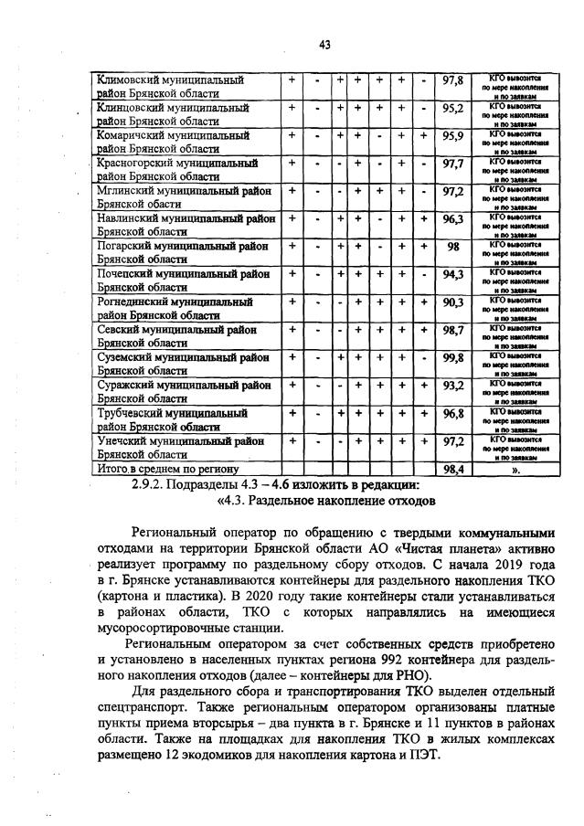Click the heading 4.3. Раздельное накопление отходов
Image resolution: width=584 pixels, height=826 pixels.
pos(325,500)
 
